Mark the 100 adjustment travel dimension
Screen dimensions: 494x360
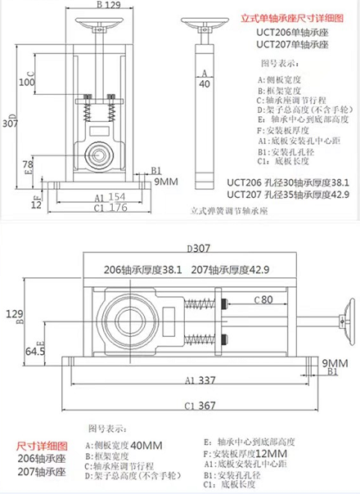pos(27,83)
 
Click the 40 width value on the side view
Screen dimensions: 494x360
pos(204,83)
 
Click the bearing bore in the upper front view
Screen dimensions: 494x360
pos(98,152)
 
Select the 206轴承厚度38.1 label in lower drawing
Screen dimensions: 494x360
pos(143,269)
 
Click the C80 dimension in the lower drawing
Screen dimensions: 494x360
pos(263,299)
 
